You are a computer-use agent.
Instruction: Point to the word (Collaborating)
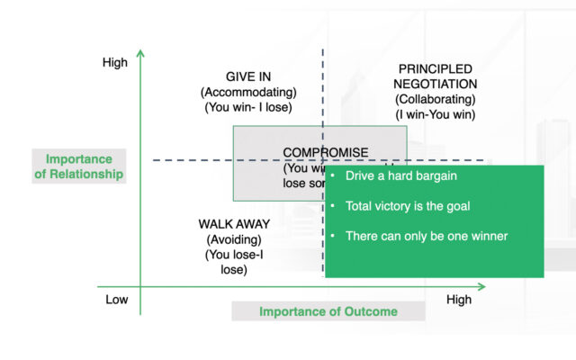coord(436,99)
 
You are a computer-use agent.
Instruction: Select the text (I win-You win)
coord(436,114)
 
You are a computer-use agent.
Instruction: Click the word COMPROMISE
coord(325,153)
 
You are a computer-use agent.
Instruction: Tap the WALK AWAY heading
coord(233,224)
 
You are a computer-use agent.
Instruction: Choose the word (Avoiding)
coord(233,239)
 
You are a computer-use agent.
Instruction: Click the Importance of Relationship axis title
coord(78,166)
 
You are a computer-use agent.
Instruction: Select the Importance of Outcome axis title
coord(328,311)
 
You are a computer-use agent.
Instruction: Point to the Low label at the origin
coord(116,300)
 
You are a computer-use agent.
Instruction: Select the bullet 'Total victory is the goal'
coord(407,206)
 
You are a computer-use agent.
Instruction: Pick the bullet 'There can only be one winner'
coord(427,236)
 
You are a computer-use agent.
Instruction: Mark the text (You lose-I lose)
coord(233,262)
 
